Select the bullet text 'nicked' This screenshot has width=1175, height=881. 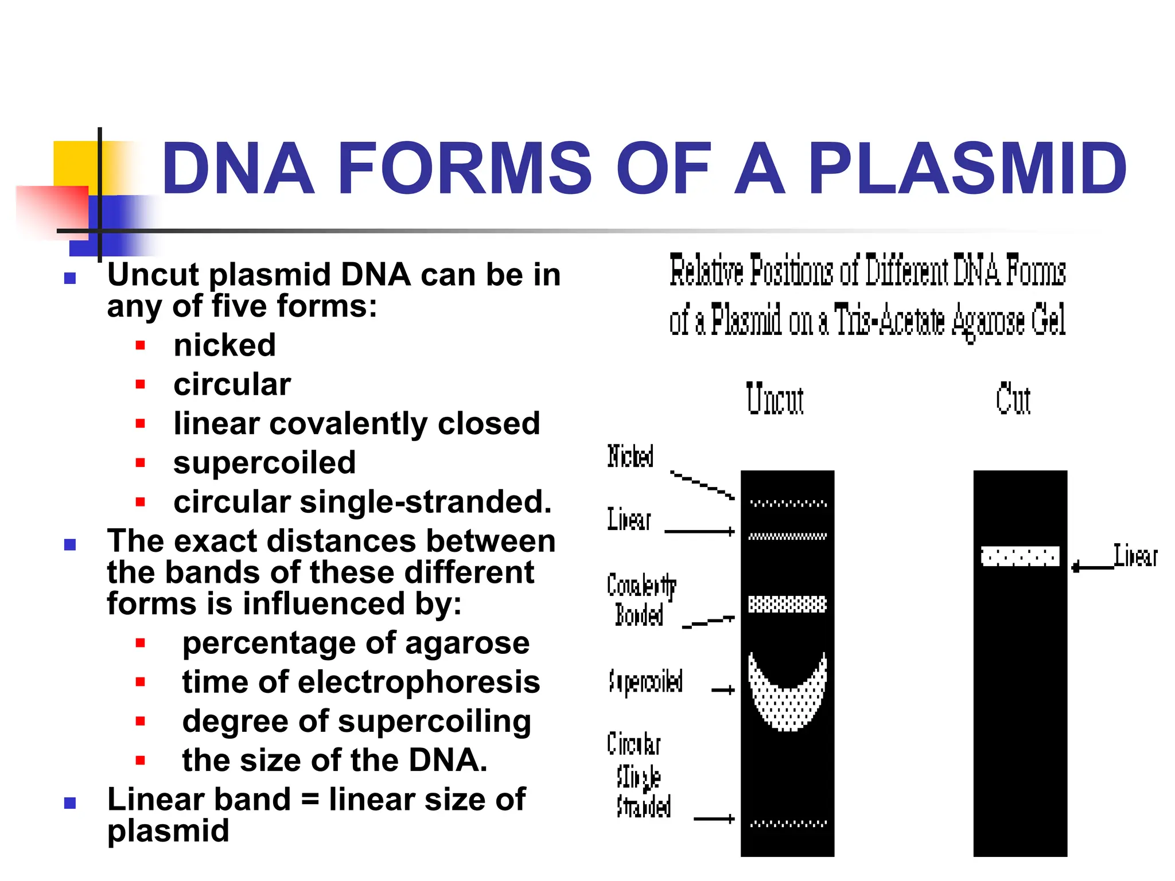pyautogui.click(x=224, y=345)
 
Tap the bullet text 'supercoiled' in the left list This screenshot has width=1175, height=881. pyautogui.click(x=264, y=462)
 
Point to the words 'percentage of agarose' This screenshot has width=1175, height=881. pyautogui.click(x=356, y=643)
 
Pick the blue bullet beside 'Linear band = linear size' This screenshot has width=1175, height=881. pyautogui.click(x=70, y=803)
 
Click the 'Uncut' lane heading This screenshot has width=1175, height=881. pyautogui.click(x=775, y=400)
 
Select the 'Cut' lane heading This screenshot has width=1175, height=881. pyautogui.click(x=1013, y=400)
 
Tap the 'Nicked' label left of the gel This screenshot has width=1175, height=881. pyautogui.click(x=630, y=457)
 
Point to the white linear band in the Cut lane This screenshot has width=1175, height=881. pyautogui.click(x=1020, y=556)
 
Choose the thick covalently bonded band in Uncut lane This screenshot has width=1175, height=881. pyautogui.click(x=787, y=604)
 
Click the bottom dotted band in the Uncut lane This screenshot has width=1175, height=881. pyautogui.click(x=788, y=824)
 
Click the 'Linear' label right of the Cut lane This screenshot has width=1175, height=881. pyautogui.click(x=1135, y=556)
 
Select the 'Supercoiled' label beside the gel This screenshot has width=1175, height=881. pyautogui.click(x=645, y=681)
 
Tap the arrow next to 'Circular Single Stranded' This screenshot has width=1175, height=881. pyautogui.click(x=714, y=818)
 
